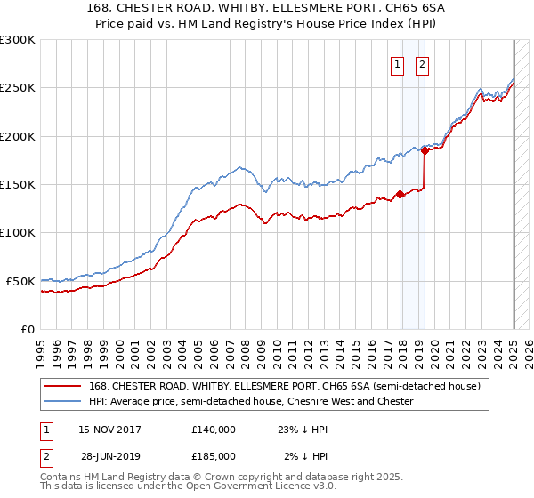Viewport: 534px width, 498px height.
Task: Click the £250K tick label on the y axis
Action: (18, 88)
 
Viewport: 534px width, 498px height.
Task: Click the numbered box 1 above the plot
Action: (395, 64)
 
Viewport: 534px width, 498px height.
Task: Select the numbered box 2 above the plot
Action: (421, 64)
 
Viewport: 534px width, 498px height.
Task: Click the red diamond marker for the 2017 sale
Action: (400, 194)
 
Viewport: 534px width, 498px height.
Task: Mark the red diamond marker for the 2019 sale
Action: (425, 151)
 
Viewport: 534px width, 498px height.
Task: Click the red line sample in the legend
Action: (62, 386)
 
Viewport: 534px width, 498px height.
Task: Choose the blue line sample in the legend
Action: (62, 401)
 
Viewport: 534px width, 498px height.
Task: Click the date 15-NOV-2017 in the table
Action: (110, 429)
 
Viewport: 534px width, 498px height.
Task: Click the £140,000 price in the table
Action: (214, 429)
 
